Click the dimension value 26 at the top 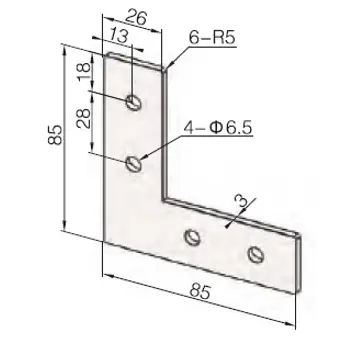click(x=137, y=18)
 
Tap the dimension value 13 click(x=119, y=36)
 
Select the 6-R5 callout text click(x=212, y=38)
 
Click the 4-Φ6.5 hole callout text click(x=219, y=128)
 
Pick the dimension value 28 click(x=84, y=119)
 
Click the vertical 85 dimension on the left click(x=55, y=135)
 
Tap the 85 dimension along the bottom click(x=200, y=292)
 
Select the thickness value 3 click(x=240, y=202)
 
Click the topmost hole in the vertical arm click(x=134, y=102)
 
